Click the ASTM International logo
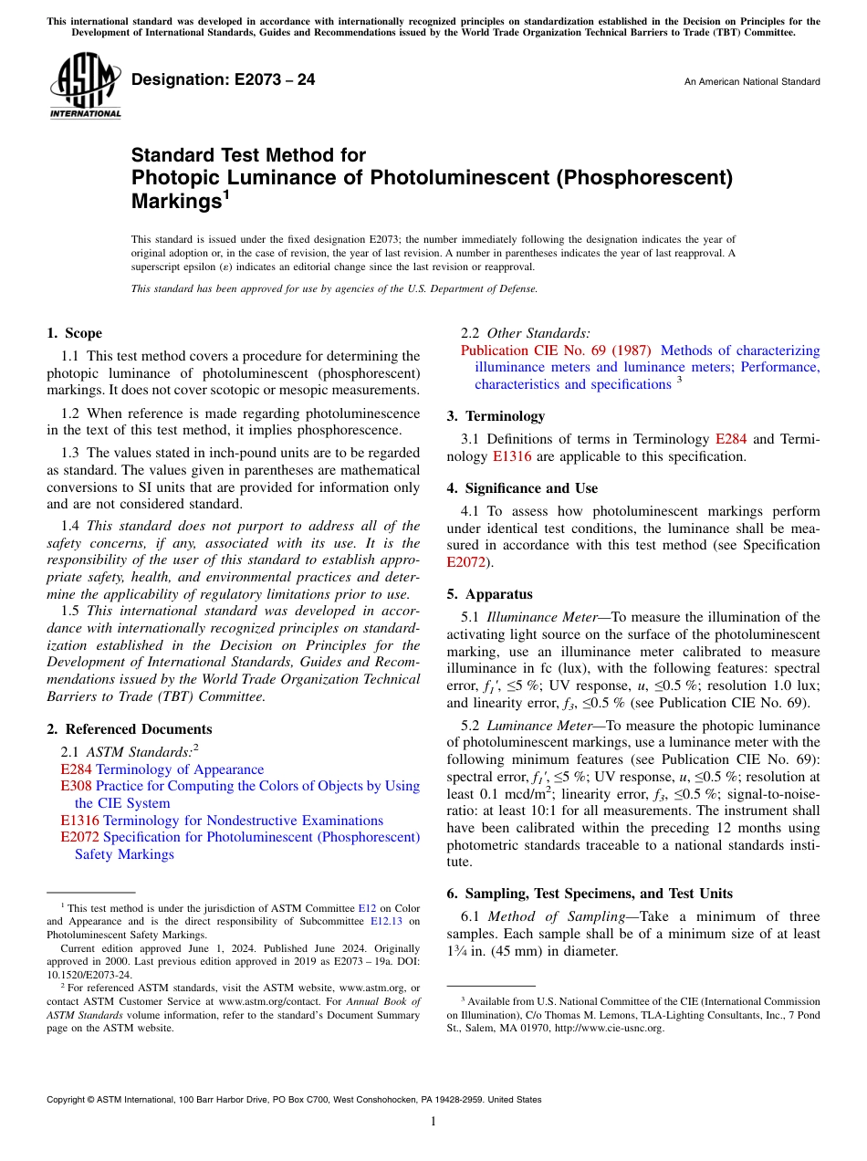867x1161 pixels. (84, 88)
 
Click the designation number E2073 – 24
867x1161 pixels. (224, 80)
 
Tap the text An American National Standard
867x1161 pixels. (751, 82)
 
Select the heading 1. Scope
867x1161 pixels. (74, 333)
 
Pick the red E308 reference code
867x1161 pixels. (76, 786)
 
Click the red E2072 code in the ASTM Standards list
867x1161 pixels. (79, 837)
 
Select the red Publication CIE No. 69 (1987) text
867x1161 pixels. (556, 350)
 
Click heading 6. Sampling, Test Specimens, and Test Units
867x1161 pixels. (599, 894)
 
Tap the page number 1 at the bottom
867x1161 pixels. (433, 1121)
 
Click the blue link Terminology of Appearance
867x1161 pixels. (180, 769)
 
